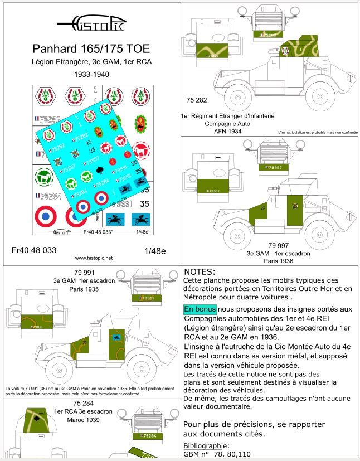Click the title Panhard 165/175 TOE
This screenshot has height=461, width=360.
click(x=90, y=49)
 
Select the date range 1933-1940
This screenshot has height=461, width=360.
click(x=90, y=74)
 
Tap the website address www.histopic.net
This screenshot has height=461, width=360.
click(x=93, y=258)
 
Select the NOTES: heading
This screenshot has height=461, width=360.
click(x=199, y=271)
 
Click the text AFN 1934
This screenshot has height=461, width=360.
click(x=221, y=131)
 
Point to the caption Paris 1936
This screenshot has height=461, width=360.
click(x=263, y=260)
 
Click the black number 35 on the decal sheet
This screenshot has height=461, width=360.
click(x=144, y=205)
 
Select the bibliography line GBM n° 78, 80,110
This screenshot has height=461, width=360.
click(x=217, y=455)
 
